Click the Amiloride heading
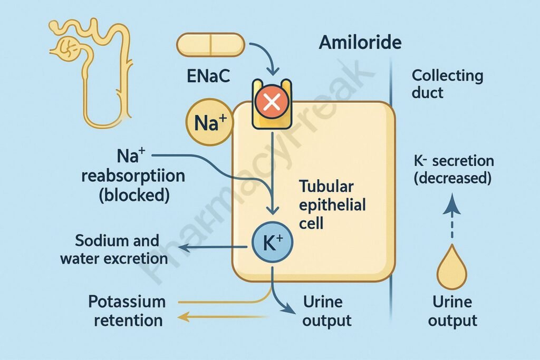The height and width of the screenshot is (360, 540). (x=360, y=43)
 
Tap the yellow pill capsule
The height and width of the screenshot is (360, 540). (x=210, y=44)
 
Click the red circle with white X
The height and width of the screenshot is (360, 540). (x=272, y=102)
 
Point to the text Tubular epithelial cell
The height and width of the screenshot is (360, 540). (x=332, y=204)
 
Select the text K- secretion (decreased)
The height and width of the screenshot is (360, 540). (x=453, y=169)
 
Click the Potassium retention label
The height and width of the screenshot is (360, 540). (x=127, y=310)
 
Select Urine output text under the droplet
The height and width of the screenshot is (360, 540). (x=452, y=311)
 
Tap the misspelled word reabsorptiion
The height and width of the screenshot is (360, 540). (x=133, y=176)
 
